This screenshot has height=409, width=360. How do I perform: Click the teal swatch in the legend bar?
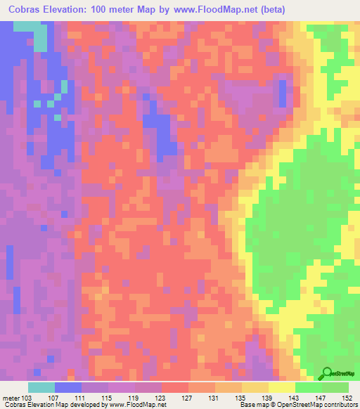[x=41, y=387]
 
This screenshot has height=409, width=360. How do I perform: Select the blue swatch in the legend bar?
[x=68, y=387]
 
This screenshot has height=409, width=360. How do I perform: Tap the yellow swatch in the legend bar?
[x=281, y=387]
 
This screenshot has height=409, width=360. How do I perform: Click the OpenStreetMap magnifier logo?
[x=328, y=372]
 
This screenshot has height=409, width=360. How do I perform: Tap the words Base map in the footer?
[x=253, y=405]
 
